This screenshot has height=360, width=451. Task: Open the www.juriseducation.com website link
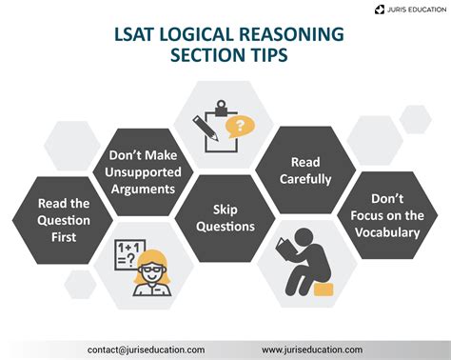coord(310,349)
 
